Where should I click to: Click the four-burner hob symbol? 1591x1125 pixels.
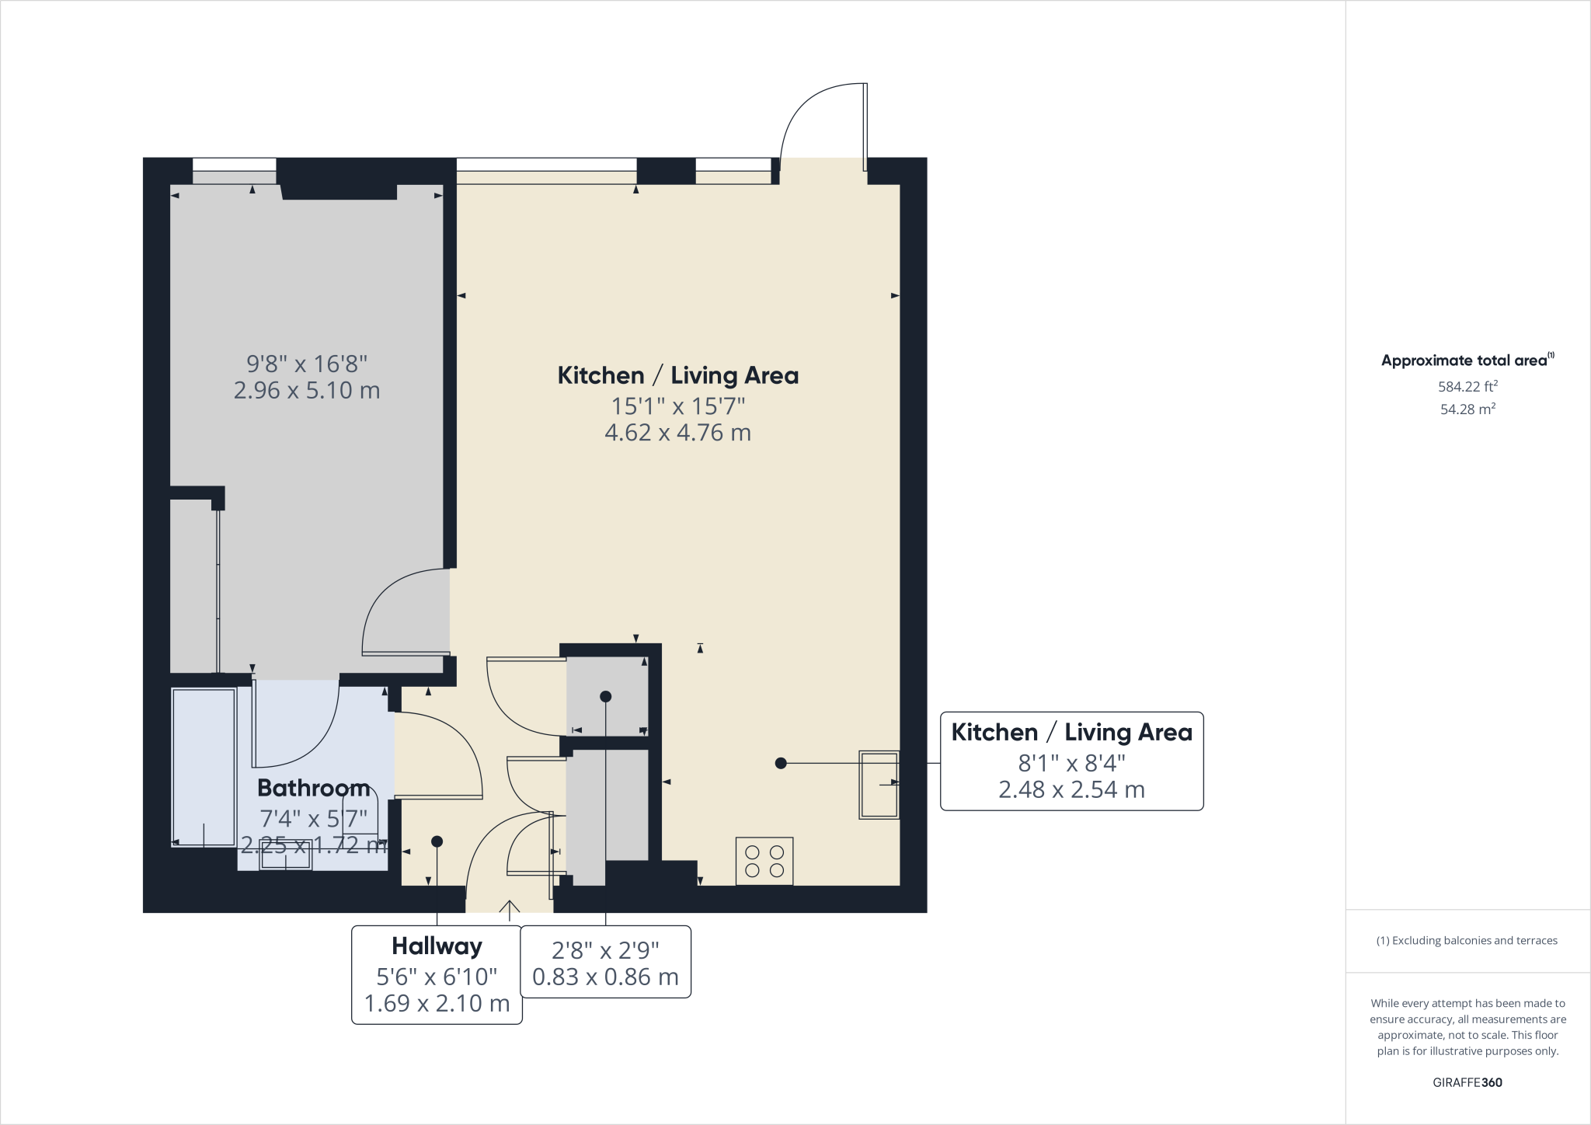[764, 861]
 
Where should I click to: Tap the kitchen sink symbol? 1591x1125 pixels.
[879, 784]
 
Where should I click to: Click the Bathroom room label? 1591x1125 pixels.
[313, 788]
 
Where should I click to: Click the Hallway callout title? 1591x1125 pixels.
[437, 946]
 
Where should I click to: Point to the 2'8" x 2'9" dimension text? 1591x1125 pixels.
[605, 949]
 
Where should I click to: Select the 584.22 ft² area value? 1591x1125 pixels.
[1467, 386]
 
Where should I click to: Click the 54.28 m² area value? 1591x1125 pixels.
[1467, 409]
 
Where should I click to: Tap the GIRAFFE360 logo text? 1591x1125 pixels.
[1467, 1082]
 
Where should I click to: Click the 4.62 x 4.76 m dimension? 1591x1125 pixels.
[677, 433]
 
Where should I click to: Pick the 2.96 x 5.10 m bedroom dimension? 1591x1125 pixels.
[307, 390]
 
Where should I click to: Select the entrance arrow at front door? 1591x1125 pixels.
[509, 908]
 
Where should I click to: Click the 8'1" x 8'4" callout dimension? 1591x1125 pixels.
[1071, 762]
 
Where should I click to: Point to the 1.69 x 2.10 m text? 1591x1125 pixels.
[437, 1003]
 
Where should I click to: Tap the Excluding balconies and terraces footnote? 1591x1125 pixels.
[1467, 941]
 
